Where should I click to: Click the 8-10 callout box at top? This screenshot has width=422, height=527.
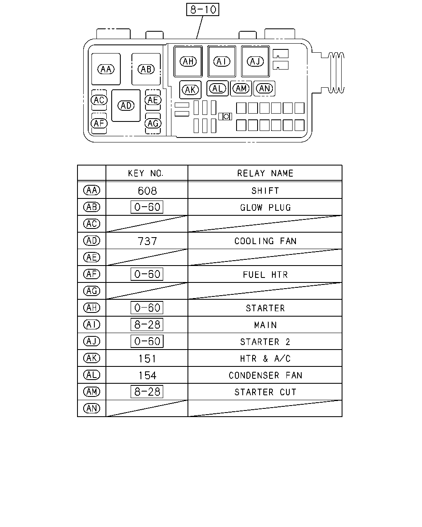point(202,9)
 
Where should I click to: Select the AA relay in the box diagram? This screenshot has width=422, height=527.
point(106,69)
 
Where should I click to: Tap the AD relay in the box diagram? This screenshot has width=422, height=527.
point(126,105)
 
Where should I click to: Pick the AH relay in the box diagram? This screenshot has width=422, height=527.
point(188,61)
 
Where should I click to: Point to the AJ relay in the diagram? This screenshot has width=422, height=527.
point(255,61)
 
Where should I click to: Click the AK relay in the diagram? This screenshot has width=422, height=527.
point(190,90)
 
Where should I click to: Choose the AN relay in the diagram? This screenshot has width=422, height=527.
point(264,89)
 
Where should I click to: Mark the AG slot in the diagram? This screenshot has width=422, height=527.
point(153,124)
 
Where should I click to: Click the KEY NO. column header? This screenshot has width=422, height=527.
point(145,173)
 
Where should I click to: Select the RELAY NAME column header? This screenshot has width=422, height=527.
point(265,173)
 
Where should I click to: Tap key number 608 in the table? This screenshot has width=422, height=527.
point(147,191)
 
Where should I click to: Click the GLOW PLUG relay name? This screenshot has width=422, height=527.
point(265,208)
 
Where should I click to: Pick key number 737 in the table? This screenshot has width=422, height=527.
point(147,241)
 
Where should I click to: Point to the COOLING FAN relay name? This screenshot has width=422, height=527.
point(265,241)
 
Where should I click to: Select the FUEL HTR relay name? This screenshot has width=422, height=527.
point(265,275)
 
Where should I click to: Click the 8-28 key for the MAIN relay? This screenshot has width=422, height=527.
point(147,324)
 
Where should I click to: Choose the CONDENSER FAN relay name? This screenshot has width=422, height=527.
point(265,375)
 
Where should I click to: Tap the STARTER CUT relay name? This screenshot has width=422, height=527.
point(265,392)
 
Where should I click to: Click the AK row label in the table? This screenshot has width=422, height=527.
point(92,358)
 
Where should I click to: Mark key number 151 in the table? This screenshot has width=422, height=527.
point(147,359)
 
